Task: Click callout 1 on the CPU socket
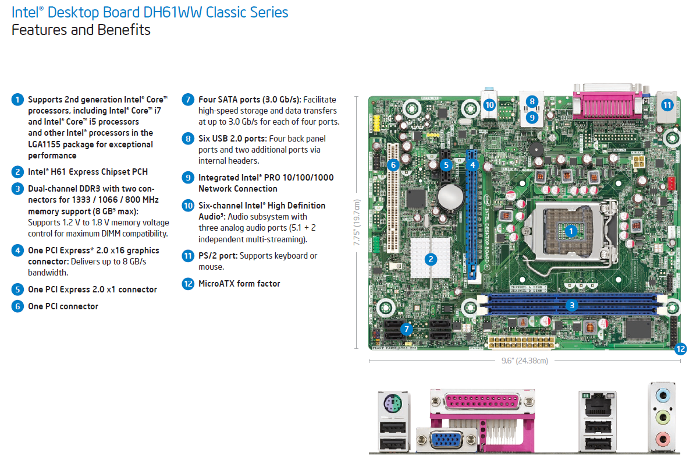(x=571, y=231)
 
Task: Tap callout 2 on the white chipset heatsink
(x=431, y=259)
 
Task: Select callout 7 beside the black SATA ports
(x=407, y=329)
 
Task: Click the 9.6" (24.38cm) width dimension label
(x=525, y=361)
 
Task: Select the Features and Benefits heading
(x=81, y=30)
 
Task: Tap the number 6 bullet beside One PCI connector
(x=17, y=306)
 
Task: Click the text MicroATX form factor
(x=239, y=284)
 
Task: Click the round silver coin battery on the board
(x=449, y=197)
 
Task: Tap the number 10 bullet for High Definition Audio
(x=187, y=205)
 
